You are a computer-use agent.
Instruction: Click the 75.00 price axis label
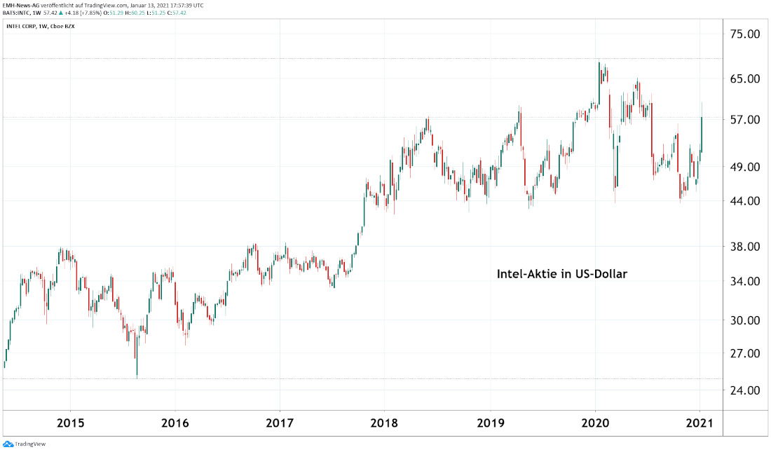pyautogui.click(x=745, y=34)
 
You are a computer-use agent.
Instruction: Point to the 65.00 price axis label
pyautogui.click(x=745, y=78)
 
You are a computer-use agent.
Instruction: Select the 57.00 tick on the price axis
pyautogui.click(x=745, y=120)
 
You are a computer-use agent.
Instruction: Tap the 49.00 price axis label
pyautogui.click(x=745, y=167)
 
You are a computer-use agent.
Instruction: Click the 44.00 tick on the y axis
pyautogui.click(x=745, y=201)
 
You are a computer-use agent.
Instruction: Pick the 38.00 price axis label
pyautogui.click(x=745, y=247)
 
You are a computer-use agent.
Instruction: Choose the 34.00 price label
pyautogui.click(x=745, y=282)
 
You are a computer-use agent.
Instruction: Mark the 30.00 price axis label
pyautogui.click(x=745, y=321)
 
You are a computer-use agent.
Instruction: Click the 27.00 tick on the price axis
pyautogui.click(x=745, y=354)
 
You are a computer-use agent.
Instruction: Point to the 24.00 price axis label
pyautogui.click(x=745, y=390)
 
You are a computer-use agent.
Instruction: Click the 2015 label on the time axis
pyautogui.click(x=70, y=423)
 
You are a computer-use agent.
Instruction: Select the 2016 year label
pyautogui.click(x=175, y=423)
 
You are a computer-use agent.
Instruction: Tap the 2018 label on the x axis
pyautogui.click(x=384, y=423)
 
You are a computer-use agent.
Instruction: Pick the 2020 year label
pyautogui.click(x=595, y=423)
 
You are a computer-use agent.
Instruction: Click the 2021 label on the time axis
pyautogui.click(x=700, y=423)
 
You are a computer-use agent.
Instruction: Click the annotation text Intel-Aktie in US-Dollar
pyautogui.click(x=561, y=274)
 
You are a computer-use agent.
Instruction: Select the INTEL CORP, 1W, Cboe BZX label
pyautogui.click(x=40, y=26)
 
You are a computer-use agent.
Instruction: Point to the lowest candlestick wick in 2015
pyautogui.click(x=137, y=376)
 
